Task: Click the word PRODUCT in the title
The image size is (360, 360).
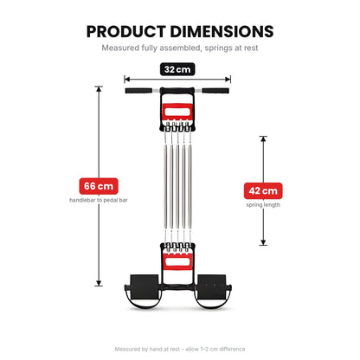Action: click(126, 32)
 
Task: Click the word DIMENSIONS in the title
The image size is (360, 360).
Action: click(222, 32)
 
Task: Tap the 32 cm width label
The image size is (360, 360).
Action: click(177, 69)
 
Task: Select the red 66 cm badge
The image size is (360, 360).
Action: click(99, 186)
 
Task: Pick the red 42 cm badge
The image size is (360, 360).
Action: click(263, 190)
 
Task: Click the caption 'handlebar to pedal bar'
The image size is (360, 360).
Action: click(99, 200)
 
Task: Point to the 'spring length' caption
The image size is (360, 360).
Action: click(263, 205)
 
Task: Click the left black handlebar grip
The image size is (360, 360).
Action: click(138, 91)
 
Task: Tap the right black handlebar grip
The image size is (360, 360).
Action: click(215, 91)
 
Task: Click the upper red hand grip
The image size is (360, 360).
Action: click(177, 112)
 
